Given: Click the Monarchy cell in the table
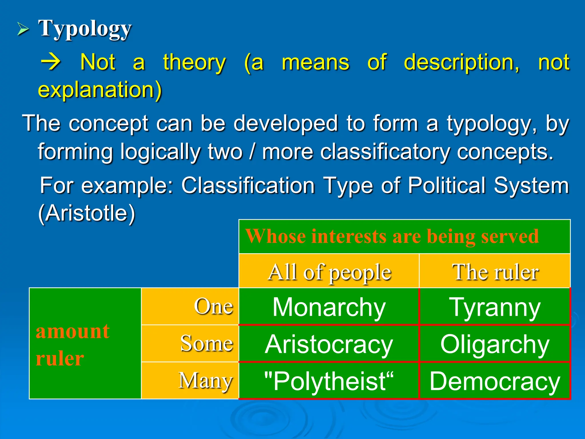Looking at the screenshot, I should coord(329,307).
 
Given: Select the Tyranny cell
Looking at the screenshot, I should coord(495,307).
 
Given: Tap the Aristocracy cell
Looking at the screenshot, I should coord(329,344).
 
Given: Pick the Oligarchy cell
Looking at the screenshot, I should coord(495,344).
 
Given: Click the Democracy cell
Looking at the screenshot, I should coord(495,381).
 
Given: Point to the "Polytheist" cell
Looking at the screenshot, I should coord(329,381).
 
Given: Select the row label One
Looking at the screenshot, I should coord(213,306).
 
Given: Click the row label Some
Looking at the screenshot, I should coord(207,343).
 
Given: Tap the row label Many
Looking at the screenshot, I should coord(206,380).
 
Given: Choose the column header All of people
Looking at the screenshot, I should coord(329,272).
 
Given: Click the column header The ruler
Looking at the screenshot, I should coord(495,272).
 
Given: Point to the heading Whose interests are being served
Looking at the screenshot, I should coord(392,236).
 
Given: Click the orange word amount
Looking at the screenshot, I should coord(73,332).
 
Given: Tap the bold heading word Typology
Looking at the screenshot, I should coord(85,29).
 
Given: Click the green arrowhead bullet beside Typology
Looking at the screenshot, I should coord(23,29).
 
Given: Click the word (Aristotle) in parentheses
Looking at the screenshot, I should coord(87,213).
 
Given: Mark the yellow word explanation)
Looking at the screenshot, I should coord(100,89).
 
